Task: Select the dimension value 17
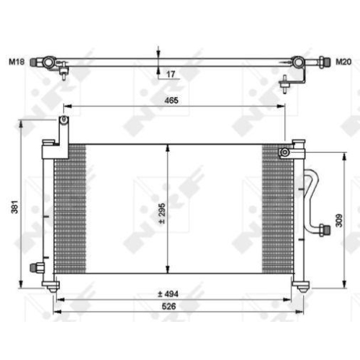pyautogui.click(x=171, y=73)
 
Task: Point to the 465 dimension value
pyautogui.click(x=172, y=101)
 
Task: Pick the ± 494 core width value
pyautogui.click(x=171, y=293)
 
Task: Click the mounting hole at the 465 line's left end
pyautogui.click(x=63, y=120)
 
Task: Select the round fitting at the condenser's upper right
pyautogui.click(x=285, y=152)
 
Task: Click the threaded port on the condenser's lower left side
pyautogui.click(x=35, y=268)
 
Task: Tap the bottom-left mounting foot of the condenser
pyautogui.click(x=54, y=287)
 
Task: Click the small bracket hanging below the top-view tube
pyautogui.click(x=286, y=84)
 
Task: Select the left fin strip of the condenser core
pyautogui.click(x=71, y=209)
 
